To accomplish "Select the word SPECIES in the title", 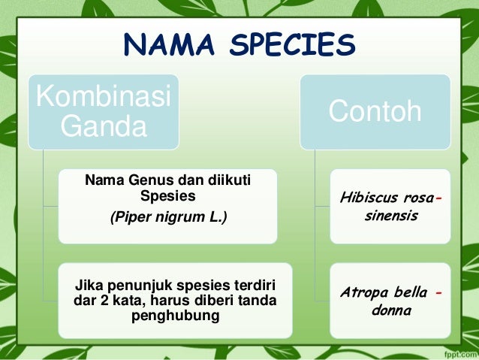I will pos(293,47).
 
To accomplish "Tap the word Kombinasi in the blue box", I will pos(104,97).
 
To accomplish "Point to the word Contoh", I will pos(375,112).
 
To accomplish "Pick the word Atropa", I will pos(363,292).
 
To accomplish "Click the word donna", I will pos(392,309).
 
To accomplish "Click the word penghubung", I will pos(175,316).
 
